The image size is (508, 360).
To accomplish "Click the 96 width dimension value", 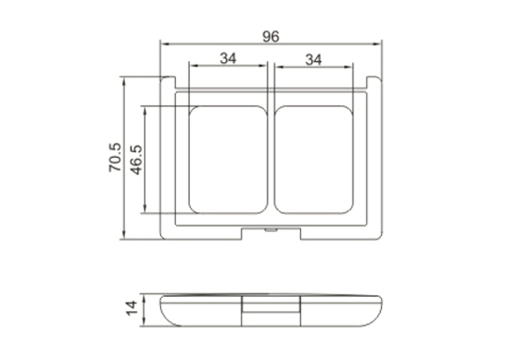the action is (271, 37).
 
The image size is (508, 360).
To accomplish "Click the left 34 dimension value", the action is (228, 58).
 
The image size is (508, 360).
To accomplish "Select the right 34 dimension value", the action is (313, 60).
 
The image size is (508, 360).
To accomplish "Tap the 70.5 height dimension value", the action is (115, 157).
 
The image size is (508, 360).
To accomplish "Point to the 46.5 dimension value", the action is (136, 160).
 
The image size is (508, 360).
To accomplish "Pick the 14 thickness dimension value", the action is (132, 308).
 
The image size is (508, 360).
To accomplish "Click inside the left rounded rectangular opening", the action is (228, 160).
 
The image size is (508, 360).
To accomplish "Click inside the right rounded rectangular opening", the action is (313, 160).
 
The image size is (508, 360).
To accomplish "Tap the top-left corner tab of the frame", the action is (168, 82).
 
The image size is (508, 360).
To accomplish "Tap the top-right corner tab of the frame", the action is (373, 82).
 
